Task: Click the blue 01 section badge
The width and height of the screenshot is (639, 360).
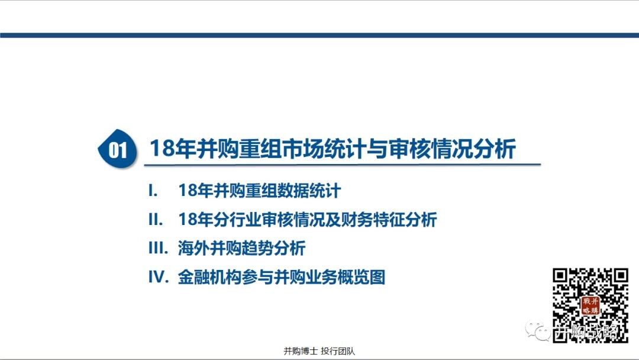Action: click(x=118, y=149)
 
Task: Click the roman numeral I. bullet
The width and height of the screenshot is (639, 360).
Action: click(x=153, y=191)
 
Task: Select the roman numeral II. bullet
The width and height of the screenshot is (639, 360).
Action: click(x=155, y=220)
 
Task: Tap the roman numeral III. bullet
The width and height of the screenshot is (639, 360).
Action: click(x=158, y=248)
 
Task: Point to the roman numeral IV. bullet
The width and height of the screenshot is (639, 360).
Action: click(x=159, y=277)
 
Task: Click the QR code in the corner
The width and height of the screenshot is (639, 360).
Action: click(x=590, y=305)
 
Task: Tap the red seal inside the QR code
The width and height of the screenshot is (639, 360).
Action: click(x=590, y=306)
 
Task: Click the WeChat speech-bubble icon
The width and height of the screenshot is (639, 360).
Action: click(x=537, y=330)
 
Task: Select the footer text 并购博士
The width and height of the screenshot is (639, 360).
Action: click(x=301, y=351)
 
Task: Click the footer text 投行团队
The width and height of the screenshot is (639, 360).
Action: click(x=338, y=351)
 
